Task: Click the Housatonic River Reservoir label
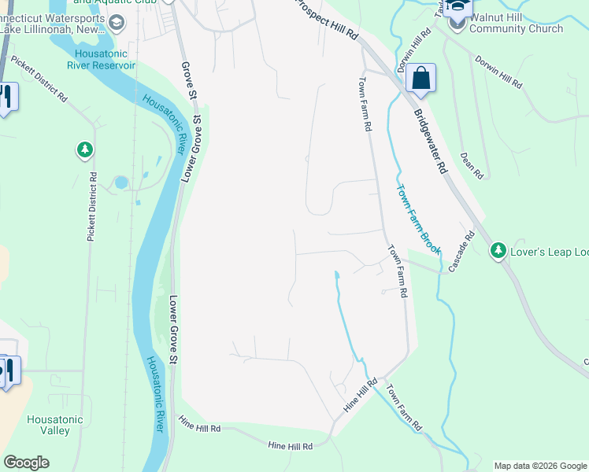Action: [x=106, y=59]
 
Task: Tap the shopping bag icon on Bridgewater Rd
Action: [x=421, y=79]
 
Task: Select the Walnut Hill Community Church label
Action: [x=516, y=23]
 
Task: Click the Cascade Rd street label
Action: [x=462, y=251]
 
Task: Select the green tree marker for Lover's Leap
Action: [x=498, y=251]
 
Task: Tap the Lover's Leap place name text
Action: [x=550, y=252]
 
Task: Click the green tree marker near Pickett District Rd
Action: [x=84, y=149]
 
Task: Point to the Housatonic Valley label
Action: [x=54, y=425]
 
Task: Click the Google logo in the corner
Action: [x=26, y=463]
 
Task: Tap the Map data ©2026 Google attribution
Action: [x=539, y=466]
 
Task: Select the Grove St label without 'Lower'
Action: [x=188, y=80]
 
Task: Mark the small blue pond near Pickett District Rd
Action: [x=120, y=183]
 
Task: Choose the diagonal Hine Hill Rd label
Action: [x=361, y=397]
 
